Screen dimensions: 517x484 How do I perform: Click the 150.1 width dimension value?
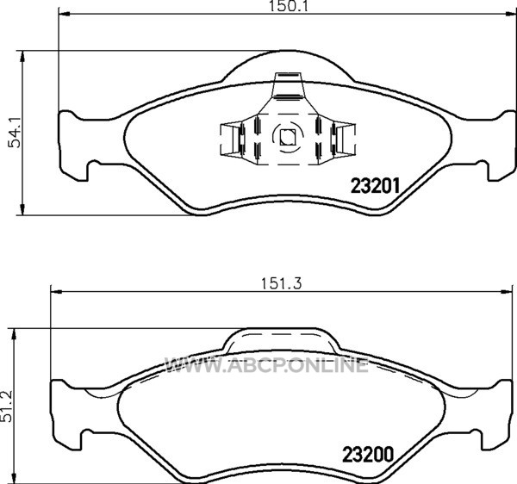point(288,6)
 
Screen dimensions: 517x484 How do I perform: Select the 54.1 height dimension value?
point(15,133)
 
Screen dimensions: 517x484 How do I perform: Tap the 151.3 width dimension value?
point(281,283)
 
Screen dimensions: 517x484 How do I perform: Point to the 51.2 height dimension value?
point(6,406)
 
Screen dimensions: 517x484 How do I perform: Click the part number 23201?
point(375,186)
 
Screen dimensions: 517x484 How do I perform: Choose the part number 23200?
point(368,455)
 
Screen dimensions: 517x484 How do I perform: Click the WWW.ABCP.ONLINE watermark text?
point(266,365)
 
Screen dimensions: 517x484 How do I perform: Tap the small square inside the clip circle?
point(287,137)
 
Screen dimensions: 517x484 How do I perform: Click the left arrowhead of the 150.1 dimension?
point(64,14)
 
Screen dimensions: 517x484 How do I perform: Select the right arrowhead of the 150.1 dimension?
point(510,14)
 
